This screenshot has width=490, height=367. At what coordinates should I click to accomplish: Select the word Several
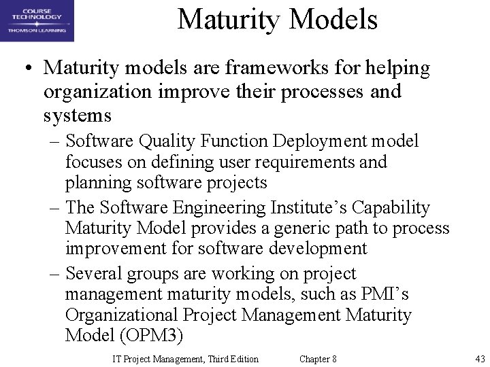point(96,273)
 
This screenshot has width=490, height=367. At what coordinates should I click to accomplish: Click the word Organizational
point(119,316)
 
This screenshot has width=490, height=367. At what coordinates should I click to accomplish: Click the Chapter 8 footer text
point(318,359)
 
